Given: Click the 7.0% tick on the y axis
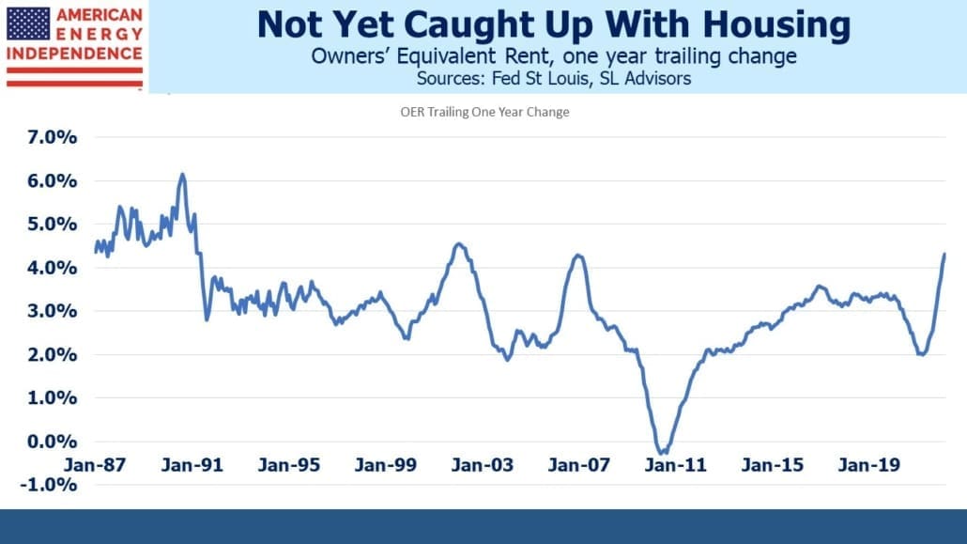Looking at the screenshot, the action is [52, 137].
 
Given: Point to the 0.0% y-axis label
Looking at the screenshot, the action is [52, 442].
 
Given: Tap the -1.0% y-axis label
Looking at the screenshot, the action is [49, 485].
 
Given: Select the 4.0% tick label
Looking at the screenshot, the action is [52, 268].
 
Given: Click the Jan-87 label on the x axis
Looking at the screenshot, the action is [95, 465].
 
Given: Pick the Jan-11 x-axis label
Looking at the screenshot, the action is [675, 465].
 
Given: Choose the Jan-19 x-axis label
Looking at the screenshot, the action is [869, 465].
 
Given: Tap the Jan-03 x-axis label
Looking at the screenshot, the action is [482, 465].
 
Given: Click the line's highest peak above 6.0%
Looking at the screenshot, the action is [182, 175].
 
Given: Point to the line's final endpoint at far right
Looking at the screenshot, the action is [944, 254].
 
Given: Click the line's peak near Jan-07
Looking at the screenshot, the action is [578, 255].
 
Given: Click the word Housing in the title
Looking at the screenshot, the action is [776, 24].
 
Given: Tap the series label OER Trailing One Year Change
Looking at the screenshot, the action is [484, 112].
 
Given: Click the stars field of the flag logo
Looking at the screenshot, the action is [28, 24].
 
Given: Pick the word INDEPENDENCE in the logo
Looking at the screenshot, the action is [74, 54].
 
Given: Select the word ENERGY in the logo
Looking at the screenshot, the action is [100, 35].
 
